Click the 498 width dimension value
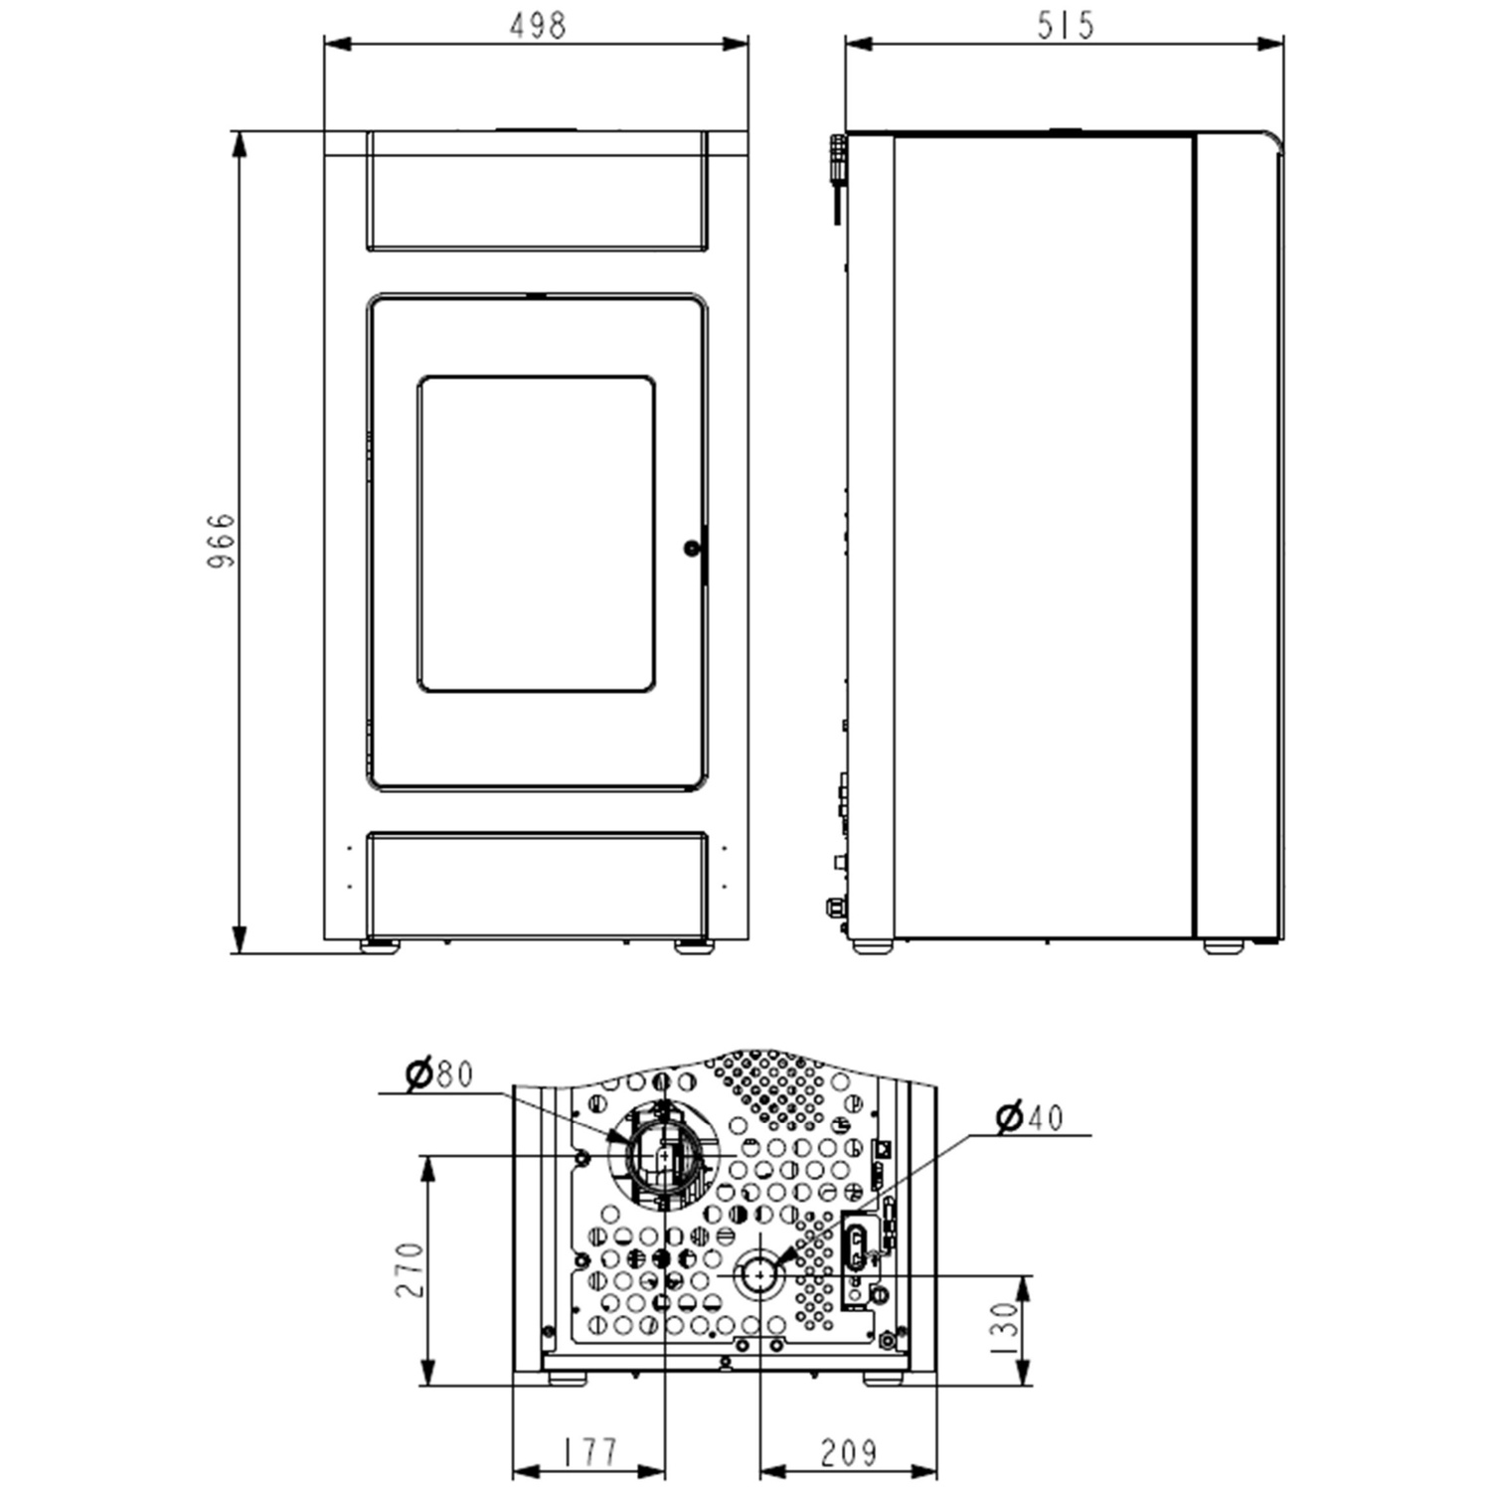pyautogui.click(x=537, y=25)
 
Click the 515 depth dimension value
pyautogui.click(x=1065, y=25)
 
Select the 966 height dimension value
pyautogui.click(x=221, y=540)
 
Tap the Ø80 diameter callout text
pyautogui.click(x=439, y=1075)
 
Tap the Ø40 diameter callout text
pyautogui.click(x=1029, y=1117)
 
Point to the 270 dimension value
pyautogui.click(x=410, y=1269)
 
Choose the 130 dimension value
pyautogui.click(x=1006, y=1329)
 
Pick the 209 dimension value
pyautogui.click(x=848, y=1452)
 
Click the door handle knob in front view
pyautogui.click(x=692, y=548)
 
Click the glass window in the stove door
pyautogui.click(x=536, y=534)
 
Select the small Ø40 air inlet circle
pyautogui.click(x=760, y=1276)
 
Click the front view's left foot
pyautogui.click(x=380, y=946)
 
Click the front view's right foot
pyautogui.click(x=693, y=946)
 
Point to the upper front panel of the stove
pyautogui.click(x=537, y=191)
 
